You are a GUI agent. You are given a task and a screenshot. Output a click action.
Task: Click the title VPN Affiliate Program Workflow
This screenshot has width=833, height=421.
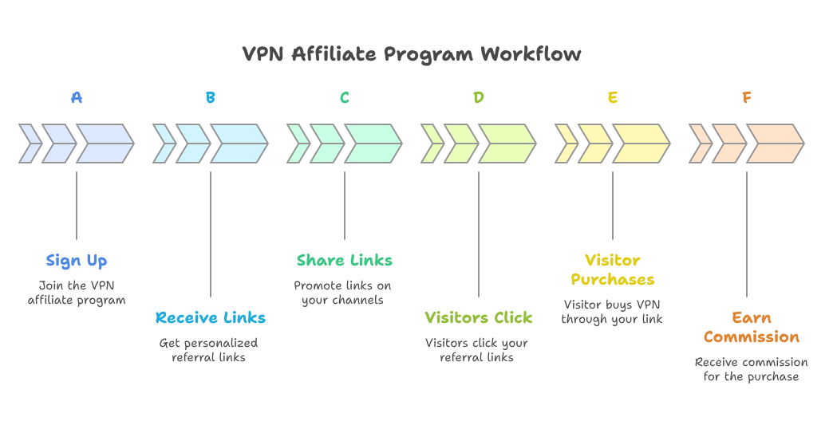(x=412, y=54)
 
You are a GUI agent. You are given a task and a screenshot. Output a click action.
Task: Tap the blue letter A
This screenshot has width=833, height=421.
(x=76, y=98)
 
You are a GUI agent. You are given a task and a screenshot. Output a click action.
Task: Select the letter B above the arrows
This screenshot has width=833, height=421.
(x=210, y=98)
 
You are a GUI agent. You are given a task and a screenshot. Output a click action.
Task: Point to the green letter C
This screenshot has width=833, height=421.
(x=344, y=98)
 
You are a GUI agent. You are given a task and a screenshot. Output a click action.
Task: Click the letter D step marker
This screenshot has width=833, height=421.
(x=478, y=98)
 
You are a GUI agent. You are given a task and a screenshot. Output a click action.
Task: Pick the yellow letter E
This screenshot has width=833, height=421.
(x=612, y=98)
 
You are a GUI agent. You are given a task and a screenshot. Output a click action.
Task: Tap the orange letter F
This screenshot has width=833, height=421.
(x=746, y=98)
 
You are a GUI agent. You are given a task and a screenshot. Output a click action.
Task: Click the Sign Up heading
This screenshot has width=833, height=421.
(x=77, y=261)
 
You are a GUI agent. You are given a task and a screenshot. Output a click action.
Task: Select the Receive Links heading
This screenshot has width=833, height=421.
(x=211, y=318)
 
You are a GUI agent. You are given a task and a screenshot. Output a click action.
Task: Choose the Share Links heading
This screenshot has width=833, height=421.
(x=344, y=261)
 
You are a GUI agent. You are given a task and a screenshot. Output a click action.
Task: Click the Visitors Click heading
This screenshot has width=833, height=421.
(x=478, y=318)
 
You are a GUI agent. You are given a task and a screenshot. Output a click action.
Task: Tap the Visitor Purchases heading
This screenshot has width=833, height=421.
(x=612, y=270)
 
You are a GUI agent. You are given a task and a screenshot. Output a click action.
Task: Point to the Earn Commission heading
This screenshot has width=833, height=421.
(x=751, y=327)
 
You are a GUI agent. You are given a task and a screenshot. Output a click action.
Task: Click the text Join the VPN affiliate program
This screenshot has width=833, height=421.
(x=77, y=293)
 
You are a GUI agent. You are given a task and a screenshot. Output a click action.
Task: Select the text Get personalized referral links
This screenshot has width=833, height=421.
(x=209, y=350)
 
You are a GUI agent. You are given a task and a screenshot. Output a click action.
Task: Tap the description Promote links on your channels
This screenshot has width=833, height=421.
(x=342, y=293)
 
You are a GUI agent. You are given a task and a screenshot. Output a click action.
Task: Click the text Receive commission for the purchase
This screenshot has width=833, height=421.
(x=751, y=369)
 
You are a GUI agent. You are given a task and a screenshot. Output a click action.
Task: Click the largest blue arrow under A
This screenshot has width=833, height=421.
(x=104, y=144)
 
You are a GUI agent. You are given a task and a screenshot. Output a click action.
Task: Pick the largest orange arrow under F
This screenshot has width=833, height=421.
(x=774, y=144)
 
